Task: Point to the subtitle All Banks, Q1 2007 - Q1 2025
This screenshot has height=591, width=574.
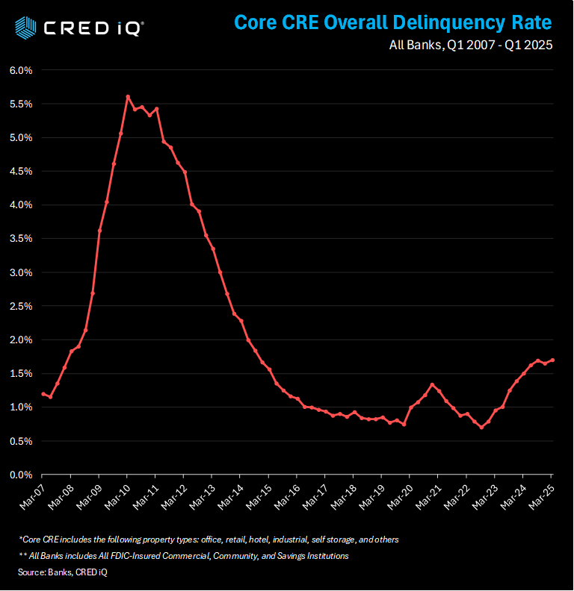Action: (471, 46)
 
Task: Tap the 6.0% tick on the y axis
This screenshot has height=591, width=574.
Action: (21, 70)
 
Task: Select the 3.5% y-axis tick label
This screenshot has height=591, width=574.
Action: (21, 239)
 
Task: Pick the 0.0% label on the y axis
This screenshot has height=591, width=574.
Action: (21, 475)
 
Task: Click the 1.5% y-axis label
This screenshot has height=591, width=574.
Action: (21, 373)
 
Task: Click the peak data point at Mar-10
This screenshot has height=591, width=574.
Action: (128, 96)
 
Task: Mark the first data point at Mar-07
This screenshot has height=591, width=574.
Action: (43, 393)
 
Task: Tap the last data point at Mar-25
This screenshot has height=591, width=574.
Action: (552, 360)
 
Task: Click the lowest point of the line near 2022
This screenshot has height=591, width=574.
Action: (481, 427)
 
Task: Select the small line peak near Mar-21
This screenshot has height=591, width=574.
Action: (432, 384)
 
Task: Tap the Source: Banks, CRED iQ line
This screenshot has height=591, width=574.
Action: (63, 572)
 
